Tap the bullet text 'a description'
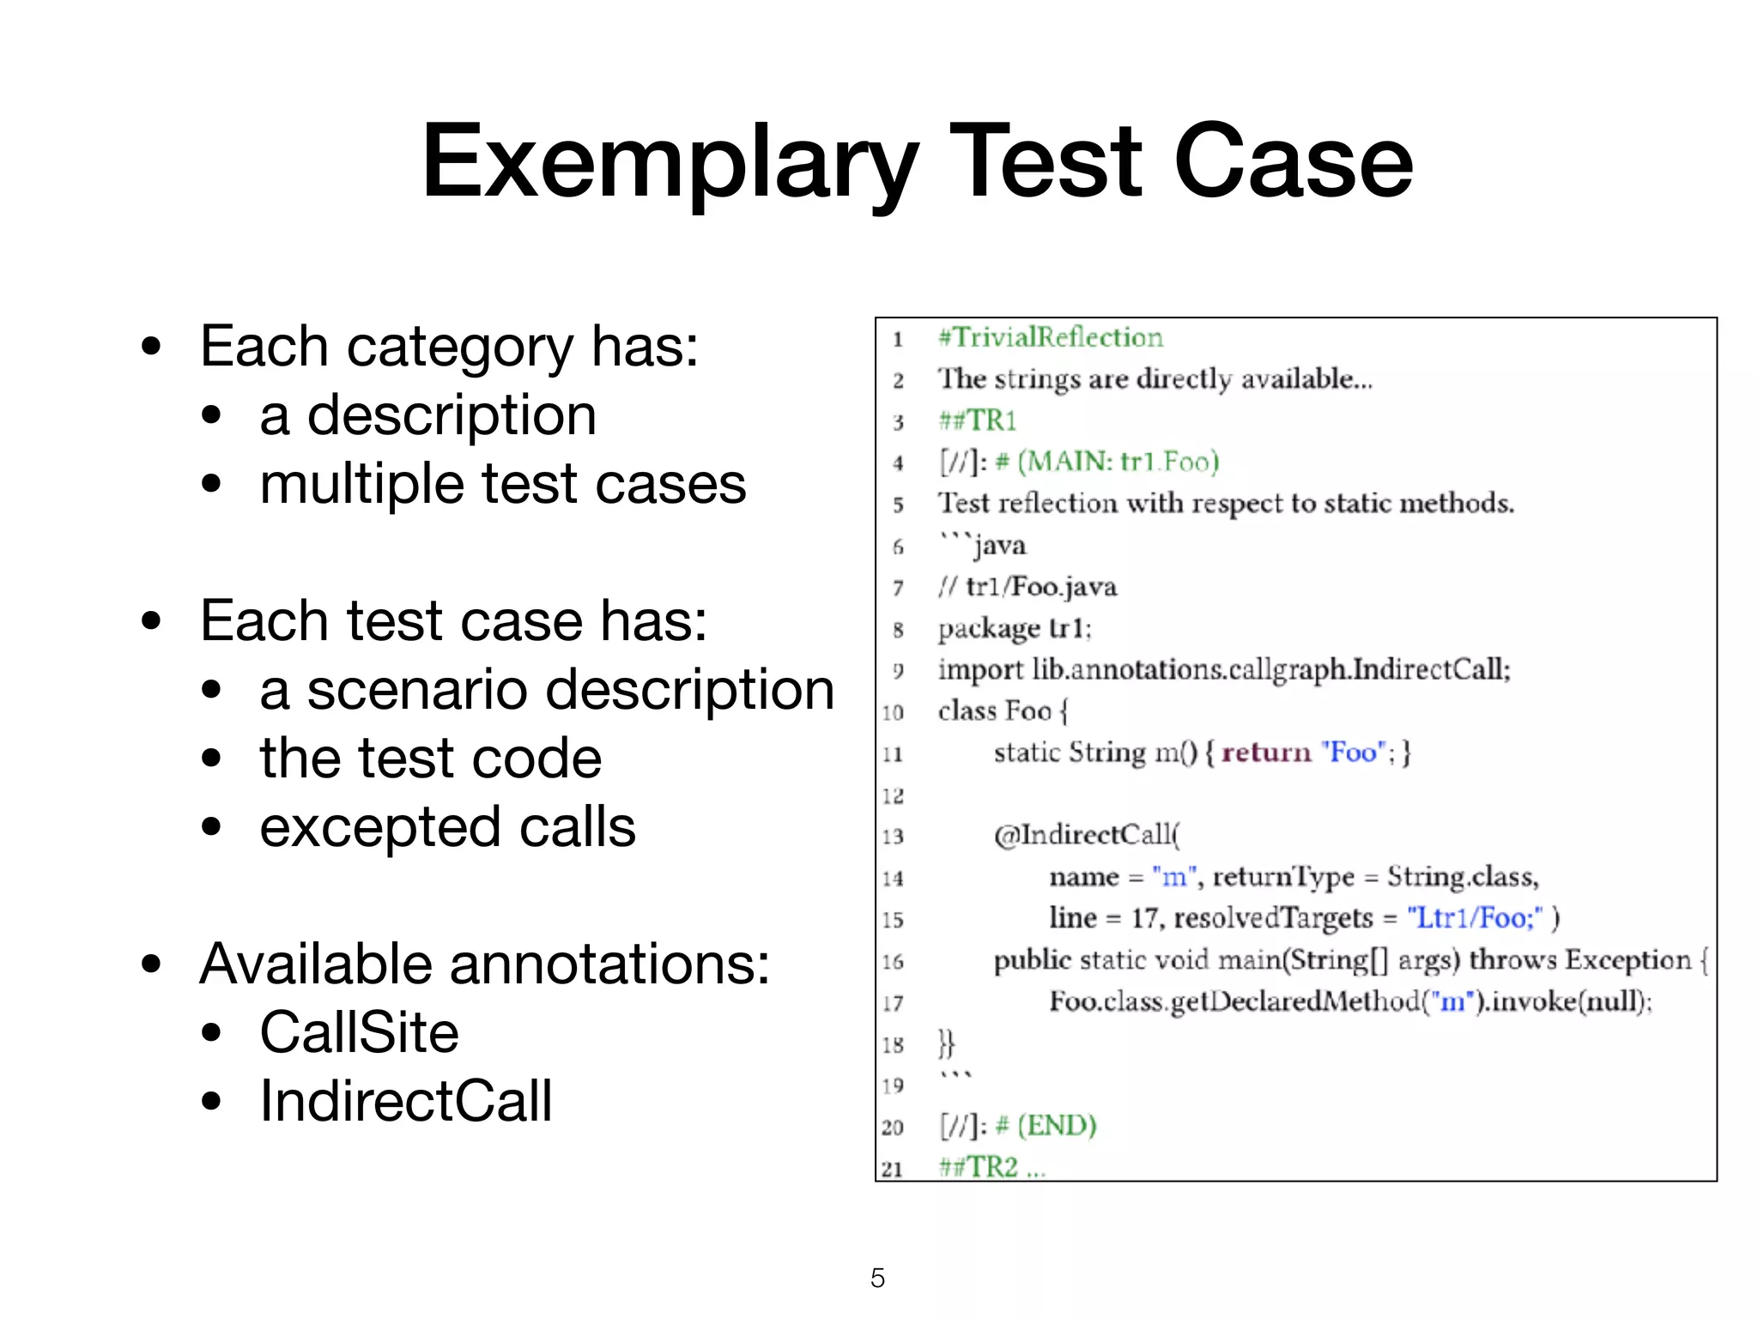(x=427, y=416)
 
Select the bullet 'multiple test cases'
(x=503, y=485)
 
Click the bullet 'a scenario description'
(x=547, y=691)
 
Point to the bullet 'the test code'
(x=430, y=759)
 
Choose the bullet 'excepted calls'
(x=447, y=828)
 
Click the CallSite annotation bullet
(x=359, y=1032)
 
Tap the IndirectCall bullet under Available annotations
(x=406, y=1101)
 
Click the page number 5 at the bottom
(x=877, y=1279)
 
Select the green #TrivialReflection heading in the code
(x=1051, y=337)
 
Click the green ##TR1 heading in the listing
(x=978, y=420)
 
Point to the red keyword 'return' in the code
(x=1266, y=753)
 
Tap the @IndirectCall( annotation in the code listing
(x=1087, y=835)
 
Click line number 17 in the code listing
(x=893, y=1003)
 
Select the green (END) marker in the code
(x=1057, y=1126)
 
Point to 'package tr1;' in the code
(x=1015, y=629)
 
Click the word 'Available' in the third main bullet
(x=318, y=964)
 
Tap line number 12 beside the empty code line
(x=893, y=796)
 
